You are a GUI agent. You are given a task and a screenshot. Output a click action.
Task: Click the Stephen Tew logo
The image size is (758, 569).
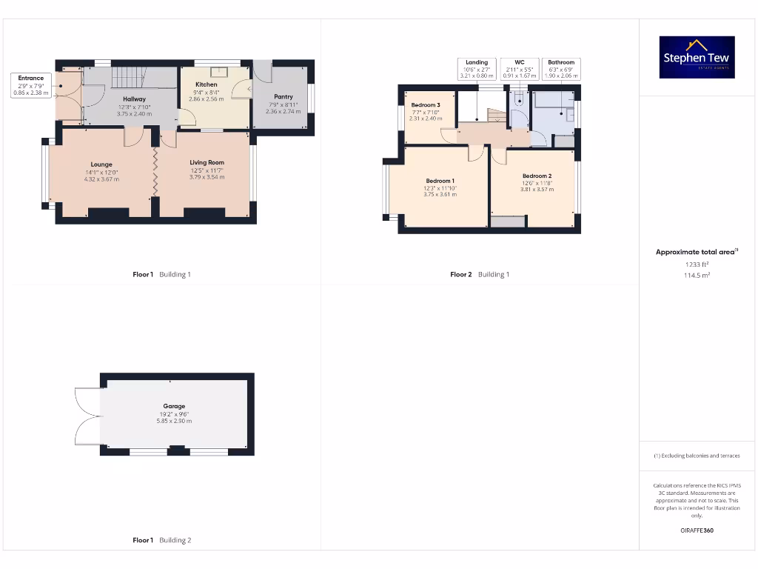point(697,57)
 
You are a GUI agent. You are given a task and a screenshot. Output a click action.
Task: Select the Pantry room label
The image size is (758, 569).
point(283,96)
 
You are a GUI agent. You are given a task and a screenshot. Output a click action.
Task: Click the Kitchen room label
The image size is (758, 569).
point(206,84)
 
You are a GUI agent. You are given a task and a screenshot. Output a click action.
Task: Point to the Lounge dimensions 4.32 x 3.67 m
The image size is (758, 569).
point(101,179)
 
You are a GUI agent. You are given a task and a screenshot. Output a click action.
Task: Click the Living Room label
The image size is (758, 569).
point(207,162)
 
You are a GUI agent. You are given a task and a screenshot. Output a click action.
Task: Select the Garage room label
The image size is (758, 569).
point(174,406)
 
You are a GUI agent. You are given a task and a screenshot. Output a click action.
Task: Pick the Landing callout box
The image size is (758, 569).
point(477,69)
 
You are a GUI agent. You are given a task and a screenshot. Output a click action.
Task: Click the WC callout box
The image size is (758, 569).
point(519,69)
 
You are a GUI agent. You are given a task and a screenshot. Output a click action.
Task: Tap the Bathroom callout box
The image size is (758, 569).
point(561,69)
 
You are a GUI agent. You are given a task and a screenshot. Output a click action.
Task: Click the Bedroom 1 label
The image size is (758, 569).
point(440,181)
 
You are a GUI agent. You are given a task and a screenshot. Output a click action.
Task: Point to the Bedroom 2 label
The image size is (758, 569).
point(537,176)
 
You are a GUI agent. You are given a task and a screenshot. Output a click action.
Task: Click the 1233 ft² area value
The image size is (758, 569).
point(697,264)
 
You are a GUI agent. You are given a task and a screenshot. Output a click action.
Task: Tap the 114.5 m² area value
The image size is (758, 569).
point(697,275)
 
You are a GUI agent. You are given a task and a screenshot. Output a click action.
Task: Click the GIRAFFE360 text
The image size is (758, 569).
point(697,530)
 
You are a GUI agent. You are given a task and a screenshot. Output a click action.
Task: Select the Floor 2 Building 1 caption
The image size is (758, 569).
point(480,274)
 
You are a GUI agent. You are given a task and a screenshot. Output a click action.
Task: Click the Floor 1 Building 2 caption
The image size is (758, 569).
point(161,540)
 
